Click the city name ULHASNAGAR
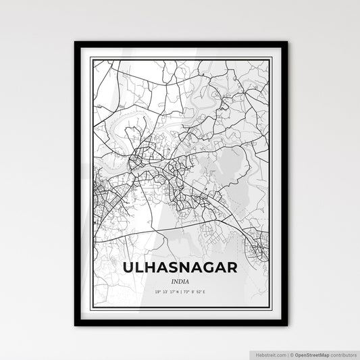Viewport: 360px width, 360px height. tap(180, 268)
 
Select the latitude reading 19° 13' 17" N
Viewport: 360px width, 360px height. tap(163, 291)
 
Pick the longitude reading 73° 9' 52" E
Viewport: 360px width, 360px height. tap(199, 291)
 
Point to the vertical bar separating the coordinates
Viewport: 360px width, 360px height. tap(180, 291)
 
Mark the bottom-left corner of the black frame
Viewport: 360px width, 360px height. tap(76, 325)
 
